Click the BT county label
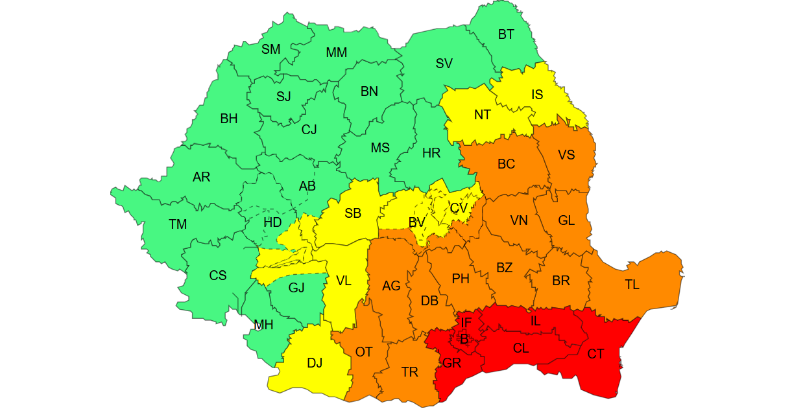point(506,35)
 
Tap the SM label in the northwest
point(270,49)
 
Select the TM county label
point(178,225)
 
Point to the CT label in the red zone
point(595,354)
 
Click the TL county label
point(632,285)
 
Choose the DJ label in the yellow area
point(315,363)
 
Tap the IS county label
point(537,95)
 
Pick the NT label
point(482,115)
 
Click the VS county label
point(566,155)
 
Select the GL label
point(566,220)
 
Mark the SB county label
point(353,213)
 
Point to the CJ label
point(309,130)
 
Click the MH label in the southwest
point(263,325)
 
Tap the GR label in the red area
point(451,364)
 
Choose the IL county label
point(534,321)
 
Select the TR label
point(409,372)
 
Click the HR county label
point(431,154)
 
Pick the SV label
point(444,64)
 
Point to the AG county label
point(391,286)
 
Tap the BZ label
point(504,268)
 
